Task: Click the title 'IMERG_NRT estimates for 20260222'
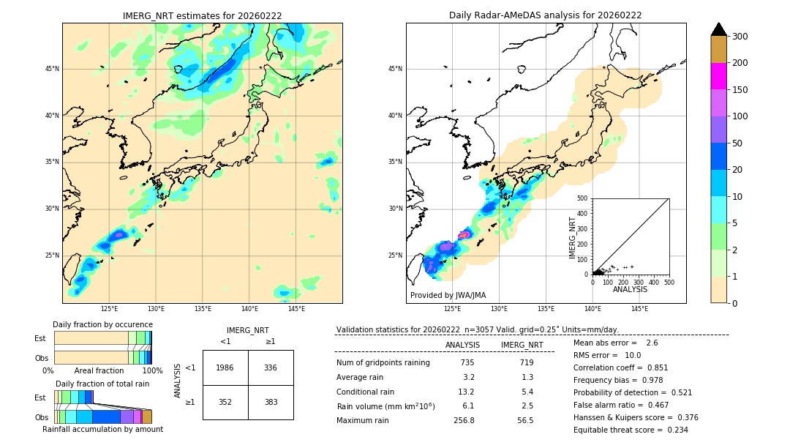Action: click(202, 15)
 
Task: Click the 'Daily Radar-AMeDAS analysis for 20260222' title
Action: click(546, 15)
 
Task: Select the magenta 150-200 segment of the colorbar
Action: click(718, 76)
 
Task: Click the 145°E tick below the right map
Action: click(639, 309)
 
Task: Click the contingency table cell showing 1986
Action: click(225, 367)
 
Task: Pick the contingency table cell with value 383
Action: click(271, 402)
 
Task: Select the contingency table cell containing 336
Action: click(271, 367)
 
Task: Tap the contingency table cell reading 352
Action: click(225, 402)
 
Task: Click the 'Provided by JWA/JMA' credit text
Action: click(448, 296)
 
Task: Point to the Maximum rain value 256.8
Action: click(464, 420)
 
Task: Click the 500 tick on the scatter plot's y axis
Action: click(583, 198)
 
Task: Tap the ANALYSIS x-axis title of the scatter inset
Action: click(630, 290)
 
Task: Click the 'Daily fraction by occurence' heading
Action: click(102, 324)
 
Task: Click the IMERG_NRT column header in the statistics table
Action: click(522, 345)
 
